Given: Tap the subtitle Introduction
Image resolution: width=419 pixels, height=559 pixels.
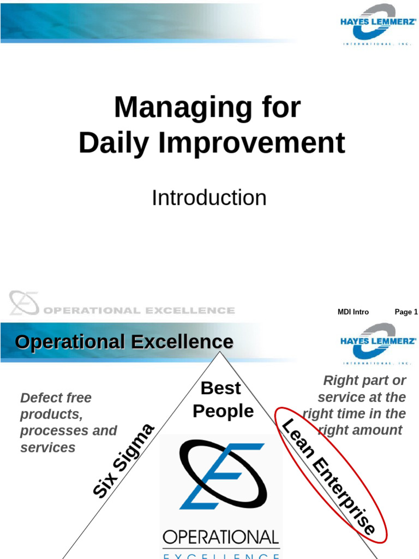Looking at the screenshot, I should pos(209,198).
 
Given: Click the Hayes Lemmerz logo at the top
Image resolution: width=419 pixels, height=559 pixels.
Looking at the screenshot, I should pos(378,25).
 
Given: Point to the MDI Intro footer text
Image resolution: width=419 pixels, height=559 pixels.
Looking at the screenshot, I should pos(353,312).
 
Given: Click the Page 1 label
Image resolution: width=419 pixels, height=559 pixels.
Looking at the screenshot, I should pos(406,312).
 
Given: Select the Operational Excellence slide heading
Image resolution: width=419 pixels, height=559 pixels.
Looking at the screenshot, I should pos(124,342).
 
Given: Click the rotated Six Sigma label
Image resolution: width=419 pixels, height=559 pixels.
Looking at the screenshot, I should pos(124,461).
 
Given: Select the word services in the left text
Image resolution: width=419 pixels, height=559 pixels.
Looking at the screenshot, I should pos(47,448).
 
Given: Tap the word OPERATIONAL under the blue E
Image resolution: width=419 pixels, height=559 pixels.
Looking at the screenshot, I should pos(221,537).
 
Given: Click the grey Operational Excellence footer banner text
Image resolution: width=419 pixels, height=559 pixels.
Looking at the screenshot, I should pos(139,311).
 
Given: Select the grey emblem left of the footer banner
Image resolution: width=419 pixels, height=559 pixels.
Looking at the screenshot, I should pos(23,303).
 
